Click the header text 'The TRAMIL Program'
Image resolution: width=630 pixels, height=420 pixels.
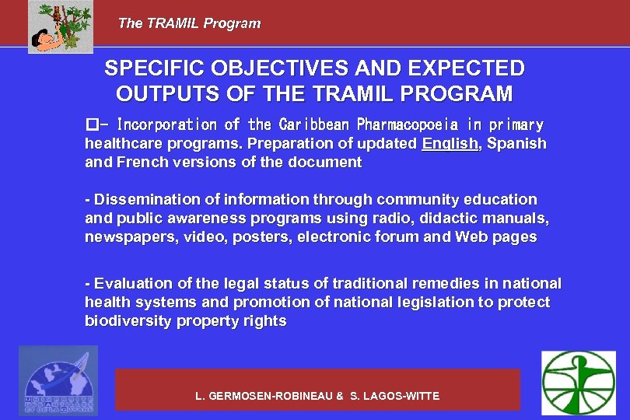tap(189, 23)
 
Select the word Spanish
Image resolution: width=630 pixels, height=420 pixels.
tap(517, 144)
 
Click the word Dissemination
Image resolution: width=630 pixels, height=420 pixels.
tap(139, 200)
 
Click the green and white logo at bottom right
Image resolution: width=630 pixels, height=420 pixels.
tap(578, 382)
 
